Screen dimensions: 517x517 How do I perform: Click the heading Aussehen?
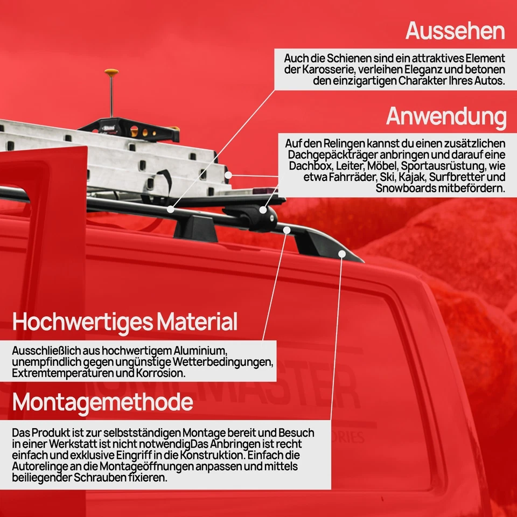coord(455,31)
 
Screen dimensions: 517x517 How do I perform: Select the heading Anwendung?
coord(446,116)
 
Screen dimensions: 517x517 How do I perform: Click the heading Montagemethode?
coord(102,402)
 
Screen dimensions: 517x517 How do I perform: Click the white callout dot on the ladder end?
coord(228,175)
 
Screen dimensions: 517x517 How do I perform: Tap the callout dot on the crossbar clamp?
coord(263,210)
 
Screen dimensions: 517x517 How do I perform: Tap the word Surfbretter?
coord(461,177)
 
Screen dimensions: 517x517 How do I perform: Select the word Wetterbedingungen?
coord(218,362)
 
